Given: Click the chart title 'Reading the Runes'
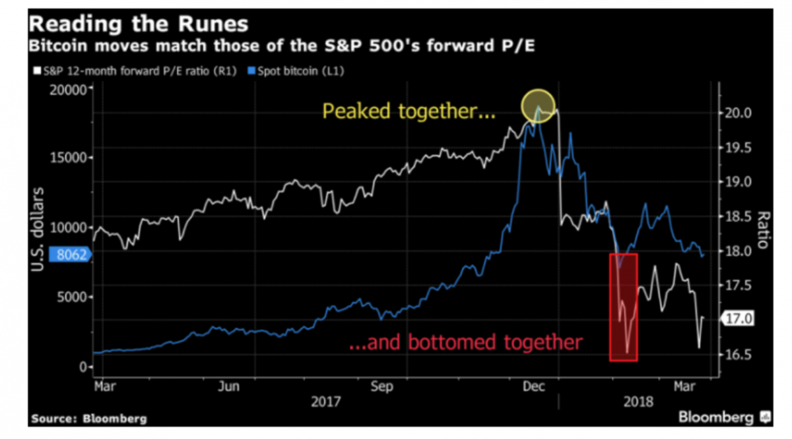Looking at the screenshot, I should pos(139,25).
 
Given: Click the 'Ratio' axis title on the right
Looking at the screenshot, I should pos(764,230).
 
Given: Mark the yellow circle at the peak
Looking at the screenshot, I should pos(539,106).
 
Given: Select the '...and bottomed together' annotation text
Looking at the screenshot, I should pos(466,342).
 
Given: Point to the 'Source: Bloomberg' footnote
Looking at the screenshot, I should pos(88,419).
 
